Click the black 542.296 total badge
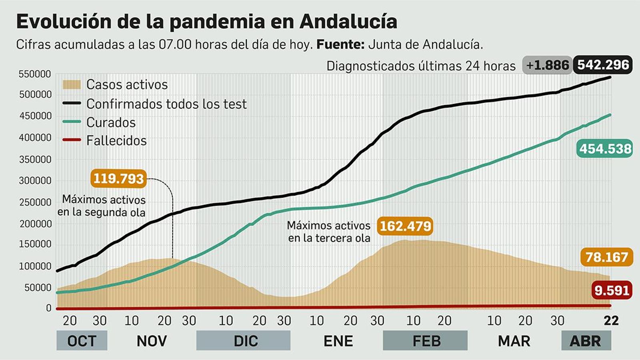pyautogui.click(x=603, y=65)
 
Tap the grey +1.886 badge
pyautogui.click(x=547, y=65)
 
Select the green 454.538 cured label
pyautogui.click(x=605, y=149)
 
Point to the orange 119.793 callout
pyautogui.click(x=118, y=178)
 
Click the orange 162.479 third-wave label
pyautogui.click(x=405, y=226)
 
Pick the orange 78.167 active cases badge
pyautogui.click(x=606, y=257)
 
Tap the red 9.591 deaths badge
pyautogui.click(x=612, y=290)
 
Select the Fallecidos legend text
pyautogui.click(x=116, y=141)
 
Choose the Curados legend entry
pyautogui.click(x=111, y=122)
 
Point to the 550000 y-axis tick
pyautogui.click(x=35, y=74)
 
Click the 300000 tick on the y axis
pyautogui.click(x=35, y=180)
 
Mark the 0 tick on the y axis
pyautogui.click(x=49, y=308)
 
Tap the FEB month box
pyautogui.click(x=425, y=341)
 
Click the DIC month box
pyautogui.click(x=243, y=341)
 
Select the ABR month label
pyautogui.click(x=586, y=341)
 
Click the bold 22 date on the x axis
pyautogui.click(x=611, y=320)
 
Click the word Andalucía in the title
pyautogui.click(x=348, y=22)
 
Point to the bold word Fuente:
pyautogui.click(x=340, y=44)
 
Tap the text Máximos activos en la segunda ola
pyautogui.click(x=102, y=206)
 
